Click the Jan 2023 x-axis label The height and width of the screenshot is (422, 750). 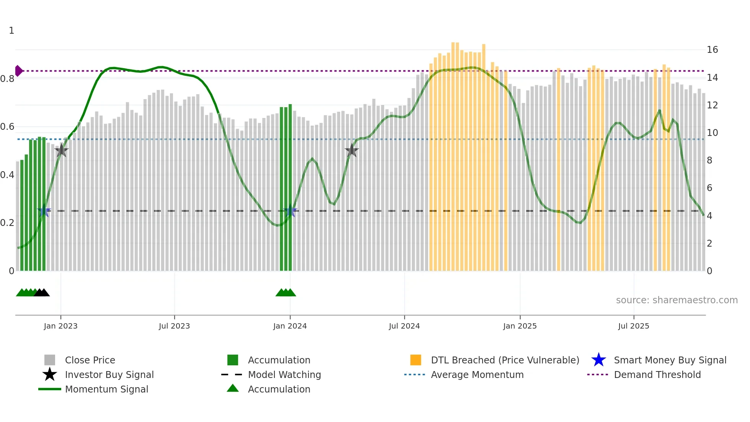60,326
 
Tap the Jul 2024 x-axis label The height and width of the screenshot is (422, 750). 404,326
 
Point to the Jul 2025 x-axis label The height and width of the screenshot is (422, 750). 633,326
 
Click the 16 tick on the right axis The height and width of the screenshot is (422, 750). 712,50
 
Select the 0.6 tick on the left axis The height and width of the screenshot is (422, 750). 7,127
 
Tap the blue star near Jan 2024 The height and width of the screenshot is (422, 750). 290,211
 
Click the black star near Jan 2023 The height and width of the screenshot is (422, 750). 61,151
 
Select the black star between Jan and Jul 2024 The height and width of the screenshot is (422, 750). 352,151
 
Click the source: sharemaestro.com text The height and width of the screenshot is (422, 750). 677,300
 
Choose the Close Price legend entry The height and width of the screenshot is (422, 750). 90,360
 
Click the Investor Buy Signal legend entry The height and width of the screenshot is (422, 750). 109,375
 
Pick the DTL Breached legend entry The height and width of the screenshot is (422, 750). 505,360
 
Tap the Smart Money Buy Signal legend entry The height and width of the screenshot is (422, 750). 670,360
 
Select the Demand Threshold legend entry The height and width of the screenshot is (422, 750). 657,375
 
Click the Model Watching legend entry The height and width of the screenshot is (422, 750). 284,375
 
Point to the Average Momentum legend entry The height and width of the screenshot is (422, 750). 477,375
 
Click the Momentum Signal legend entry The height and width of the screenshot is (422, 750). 106,389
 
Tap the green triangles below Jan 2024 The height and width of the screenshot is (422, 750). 286,293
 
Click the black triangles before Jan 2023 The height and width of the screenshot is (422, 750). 42,293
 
